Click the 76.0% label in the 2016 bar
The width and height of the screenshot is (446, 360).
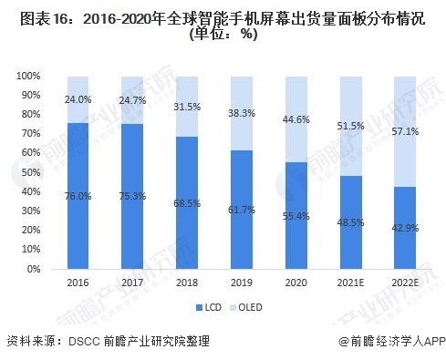tap(78, 195)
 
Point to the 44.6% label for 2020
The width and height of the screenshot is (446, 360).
tap(297, 120)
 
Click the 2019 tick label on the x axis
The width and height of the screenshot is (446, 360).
tap(243, 282)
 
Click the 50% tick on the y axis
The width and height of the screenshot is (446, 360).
tap(31, 172)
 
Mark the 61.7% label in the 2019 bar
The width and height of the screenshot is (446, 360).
tap(243, 210)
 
